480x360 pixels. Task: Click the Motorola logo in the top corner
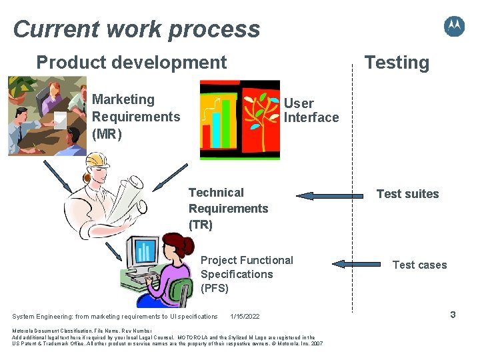(454, 27)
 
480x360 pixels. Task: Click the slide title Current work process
(137, 29)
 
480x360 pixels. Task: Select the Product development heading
(131, 63)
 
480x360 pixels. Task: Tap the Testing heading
(396, 63)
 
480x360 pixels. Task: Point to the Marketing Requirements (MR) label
(135, 117)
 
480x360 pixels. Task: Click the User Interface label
(311, 111)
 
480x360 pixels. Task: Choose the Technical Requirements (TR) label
(228, 209)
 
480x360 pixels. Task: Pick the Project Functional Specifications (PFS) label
(247, 274)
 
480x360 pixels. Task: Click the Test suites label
(407, 194)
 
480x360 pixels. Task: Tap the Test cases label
(419, 265)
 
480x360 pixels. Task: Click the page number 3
(453, 314)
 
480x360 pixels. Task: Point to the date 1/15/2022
(245, 316)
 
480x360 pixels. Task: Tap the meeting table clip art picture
(47, 116)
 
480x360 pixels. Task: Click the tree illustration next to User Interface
(261, 120)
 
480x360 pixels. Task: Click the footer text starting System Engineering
(115, 316)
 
